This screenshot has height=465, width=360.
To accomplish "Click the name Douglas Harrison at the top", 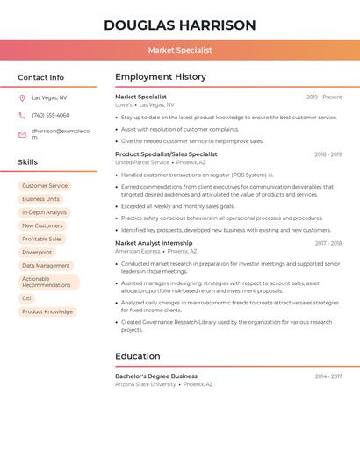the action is point(180,25).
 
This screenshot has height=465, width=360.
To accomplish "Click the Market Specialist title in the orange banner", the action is point(180,50).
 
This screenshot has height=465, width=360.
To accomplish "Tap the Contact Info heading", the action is point(41,77).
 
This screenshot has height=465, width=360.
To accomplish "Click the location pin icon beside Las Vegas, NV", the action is point(22,97).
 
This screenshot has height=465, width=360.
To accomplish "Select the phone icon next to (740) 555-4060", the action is point(22,115).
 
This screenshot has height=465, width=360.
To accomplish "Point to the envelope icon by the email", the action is point(22,134).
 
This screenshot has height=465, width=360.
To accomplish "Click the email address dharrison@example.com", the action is point(61,134).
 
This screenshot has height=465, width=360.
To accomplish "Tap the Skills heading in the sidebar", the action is point(28,162).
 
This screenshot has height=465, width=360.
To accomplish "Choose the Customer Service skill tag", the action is point(45,186).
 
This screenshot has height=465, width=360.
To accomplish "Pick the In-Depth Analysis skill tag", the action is point(44,212).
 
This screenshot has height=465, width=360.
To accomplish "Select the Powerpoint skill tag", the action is point(37,252).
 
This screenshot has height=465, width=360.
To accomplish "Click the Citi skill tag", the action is point(26,298).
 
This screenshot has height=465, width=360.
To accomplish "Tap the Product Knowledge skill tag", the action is point(47,311).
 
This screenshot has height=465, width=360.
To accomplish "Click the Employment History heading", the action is point(161,77).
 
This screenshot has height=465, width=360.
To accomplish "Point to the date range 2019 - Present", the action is point(323,97).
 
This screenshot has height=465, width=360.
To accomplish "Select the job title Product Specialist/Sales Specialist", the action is point(166,154).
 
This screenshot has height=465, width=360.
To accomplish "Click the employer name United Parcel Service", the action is point(142,162).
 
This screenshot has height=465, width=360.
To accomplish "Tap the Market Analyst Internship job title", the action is point(154,243).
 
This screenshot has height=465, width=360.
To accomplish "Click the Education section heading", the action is point(138,356).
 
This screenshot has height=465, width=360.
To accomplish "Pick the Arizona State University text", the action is point(146,384).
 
